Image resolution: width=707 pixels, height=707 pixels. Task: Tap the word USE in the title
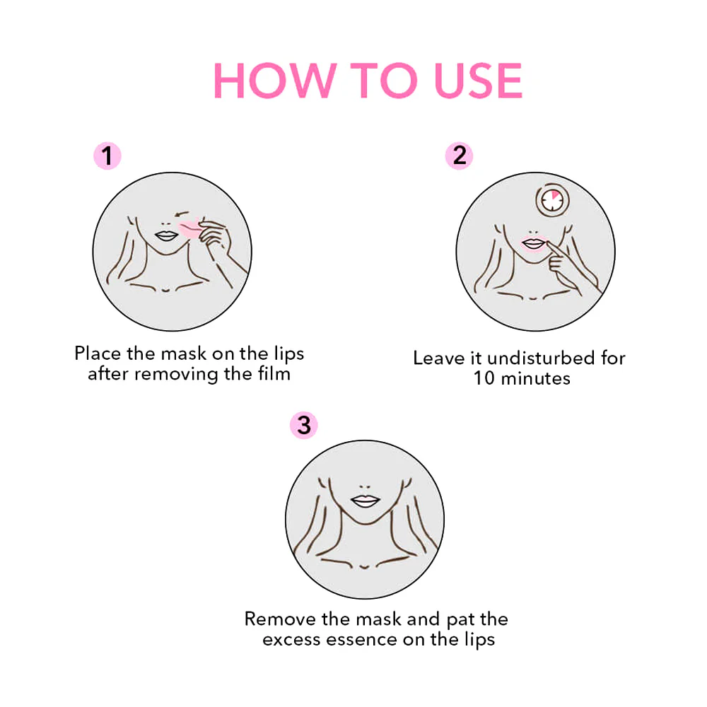pos(478,81)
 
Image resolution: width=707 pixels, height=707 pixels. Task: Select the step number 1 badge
pos(107,156)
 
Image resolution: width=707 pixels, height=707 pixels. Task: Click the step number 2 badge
pos(459,156)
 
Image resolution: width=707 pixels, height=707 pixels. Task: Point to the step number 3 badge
pos(304,425)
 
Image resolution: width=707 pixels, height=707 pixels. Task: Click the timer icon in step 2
pos(552,200)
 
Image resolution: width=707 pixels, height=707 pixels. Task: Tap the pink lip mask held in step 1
pos(189,228)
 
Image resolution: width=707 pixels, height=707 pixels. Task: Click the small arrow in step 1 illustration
pos(181,214)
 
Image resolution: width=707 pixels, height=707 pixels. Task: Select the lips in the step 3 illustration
pos(366,501)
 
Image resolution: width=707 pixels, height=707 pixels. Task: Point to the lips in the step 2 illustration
pos(533,244)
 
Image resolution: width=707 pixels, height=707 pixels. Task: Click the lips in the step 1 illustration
pos(166,236)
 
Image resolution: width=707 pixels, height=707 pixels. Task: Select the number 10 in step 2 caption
pos(484,378)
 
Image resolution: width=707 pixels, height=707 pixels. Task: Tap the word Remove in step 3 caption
pos(281,619)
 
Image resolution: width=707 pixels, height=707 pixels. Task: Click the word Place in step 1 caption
pos(98,353)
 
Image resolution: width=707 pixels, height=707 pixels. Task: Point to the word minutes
pos(536,378)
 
